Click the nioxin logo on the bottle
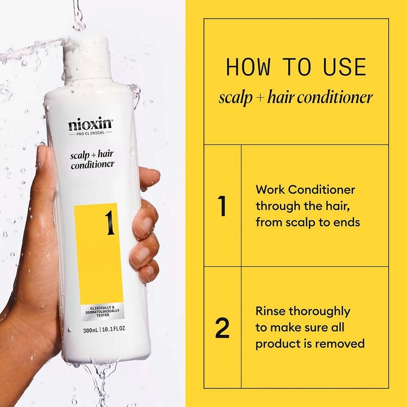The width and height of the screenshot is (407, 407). coord(91,124)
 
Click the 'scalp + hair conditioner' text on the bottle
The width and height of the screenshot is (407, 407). coord(92,160)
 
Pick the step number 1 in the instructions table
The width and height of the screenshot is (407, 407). coord(222,206)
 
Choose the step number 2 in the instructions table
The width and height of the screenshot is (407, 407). coord(222,328)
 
